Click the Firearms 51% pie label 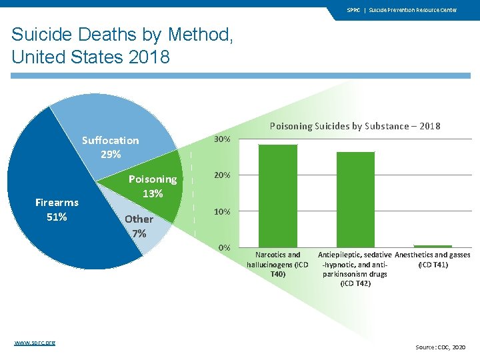click(x=57, y=209)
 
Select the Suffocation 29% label click(x=110, y=147)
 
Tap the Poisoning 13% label click(x=153, y=186)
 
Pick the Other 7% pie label click(x=139, y=225)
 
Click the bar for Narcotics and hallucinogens click(x=277, y=195)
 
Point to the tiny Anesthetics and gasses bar click(x=433, y=246)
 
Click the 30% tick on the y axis click(x=222, y=139)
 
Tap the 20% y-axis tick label click(x=222, y=175)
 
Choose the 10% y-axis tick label click(x=222, y=211)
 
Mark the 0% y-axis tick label click(x=224, y=247)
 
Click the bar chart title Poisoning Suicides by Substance click(x=355, y=126)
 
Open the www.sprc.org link click(x=35, y=342)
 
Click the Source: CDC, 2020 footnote click(x=441, y=347)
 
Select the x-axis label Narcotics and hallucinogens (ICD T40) click(x=277, y=264)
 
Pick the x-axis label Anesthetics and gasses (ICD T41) click(x=433, y=259)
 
